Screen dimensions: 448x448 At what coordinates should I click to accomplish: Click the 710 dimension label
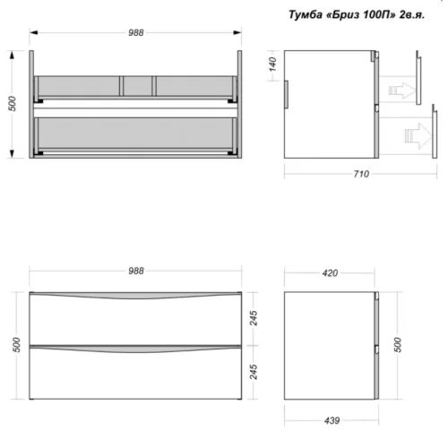[361, 174]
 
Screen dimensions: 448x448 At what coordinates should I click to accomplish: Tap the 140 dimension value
[272, 65]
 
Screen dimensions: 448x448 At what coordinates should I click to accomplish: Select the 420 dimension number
[330, 273]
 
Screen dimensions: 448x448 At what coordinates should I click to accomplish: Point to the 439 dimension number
[332, 420]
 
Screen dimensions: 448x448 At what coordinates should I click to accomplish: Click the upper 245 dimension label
[254, 318]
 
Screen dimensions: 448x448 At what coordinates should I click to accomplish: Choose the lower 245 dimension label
[254, 372]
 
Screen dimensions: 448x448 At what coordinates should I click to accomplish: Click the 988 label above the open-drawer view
[136, 32]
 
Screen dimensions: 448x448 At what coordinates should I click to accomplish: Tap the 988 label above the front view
[136, 271]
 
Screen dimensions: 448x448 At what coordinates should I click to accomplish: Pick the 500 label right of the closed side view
[398, 345]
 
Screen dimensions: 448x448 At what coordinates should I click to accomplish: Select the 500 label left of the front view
[16, 345]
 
